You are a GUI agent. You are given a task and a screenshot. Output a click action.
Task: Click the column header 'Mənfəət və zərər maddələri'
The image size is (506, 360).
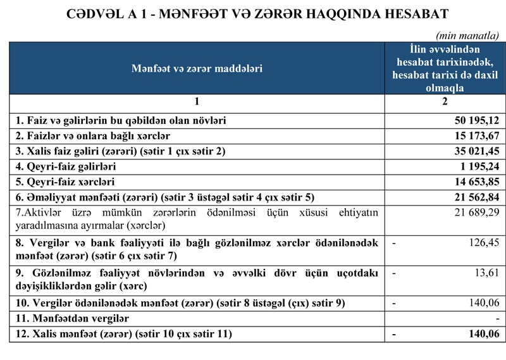(x=197, y=68)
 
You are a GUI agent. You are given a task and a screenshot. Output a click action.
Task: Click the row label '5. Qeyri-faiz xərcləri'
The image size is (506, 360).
(x=65, y=182)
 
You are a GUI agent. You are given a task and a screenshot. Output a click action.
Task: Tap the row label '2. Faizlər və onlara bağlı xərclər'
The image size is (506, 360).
(x=93, y=136)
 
